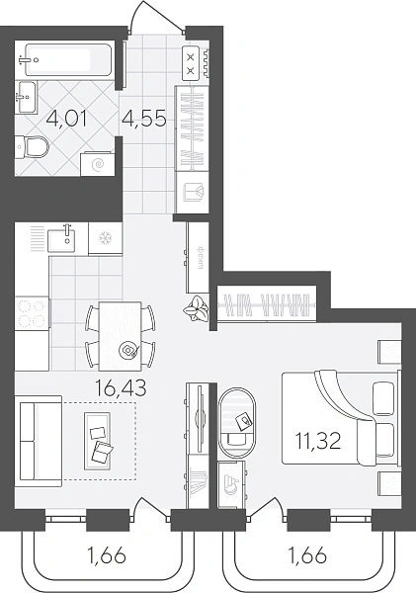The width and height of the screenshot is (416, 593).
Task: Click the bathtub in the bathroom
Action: (64, 59)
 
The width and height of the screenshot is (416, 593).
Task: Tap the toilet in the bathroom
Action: (33, 146)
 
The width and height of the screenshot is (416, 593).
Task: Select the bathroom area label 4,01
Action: (66, 120)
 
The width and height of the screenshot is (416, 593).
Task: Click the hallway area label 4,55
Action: (144, 120)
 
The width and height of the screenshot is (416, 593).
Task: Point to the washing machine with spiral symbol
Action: (97, 163)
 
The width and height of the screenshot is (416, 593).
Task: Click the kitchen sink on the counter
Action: (61, 239)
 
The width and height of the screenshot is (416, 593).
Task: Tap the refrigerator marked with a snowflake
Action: (105, 238)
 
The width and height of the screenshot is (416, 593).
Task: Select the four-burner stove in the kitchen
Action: (33, 313)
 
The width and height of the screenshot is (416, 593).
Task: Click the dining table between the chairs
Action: (121, 336)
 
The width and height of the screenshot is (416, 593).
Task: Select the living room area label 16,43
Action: (121, 388)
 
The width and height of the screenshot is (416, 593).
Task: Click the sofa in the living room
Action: (39, 442)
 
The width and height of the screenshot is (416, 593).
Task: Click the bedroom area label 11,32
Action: (318, 441)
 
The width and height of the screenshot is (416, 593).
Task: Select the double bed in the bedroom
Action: (340, 418)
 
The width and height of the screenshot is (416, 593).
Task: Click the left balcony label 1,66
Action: (106, 556)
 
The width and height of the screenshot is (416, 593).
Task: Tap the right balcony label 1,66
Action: (307, 556)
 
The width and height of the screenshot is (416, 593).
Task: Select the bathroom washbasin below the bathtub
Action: (27, 97)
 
